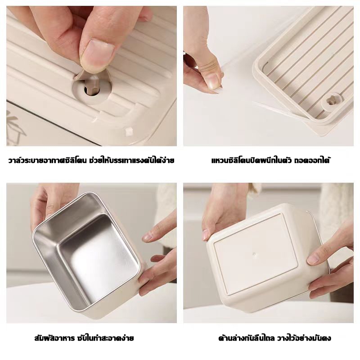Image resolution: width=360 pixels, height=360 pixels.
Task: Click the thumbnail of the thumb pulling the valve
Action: pos(99,52)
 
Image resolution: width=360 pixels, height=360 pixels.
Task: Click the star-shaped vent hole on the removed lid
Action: pos(331,102)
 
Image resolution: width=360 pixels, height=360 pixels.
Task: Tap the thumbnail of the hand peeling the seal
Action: pos(212,80)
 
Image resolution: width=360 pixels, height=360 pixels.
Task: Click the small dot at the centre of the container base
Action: pos(254,254)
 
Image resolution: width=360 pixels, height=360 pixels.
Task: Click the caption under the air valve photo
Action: pos(91,160)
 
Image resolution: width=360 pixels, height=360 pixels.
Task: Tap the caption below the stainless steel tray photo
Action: pos(84,338)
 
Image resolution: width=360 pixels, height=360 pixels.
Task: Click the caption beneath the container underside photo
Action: pos(274,338)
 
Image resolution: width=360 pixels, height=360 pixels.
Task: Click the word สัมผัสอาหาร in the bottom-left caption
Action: pos(54,338)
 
